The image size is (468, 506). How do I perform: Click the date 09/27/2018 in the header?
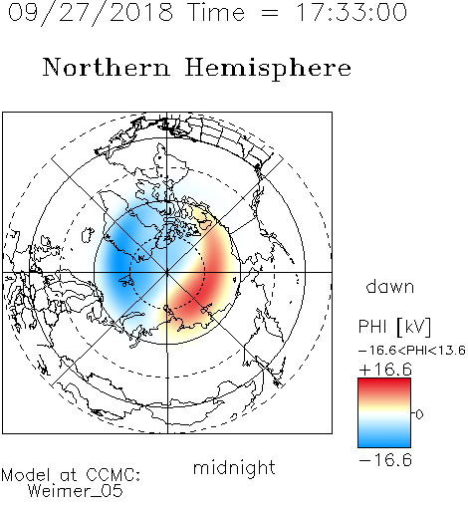91,13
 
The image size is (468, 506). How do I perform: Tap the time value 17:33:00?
351,12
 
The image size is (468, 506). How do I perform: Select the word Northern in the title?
107,67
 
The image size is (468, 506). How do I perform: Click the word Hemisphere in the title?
268,69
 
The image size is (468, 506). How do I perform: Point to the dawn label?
390,286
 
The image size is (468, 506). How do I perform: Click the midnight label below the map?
234,467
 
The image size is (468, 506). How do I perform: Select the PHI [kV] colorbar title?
394,327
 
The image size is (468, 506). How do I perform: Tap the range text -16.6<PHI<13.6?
412,350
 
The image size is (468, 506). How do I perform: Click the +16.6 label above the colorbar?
385,370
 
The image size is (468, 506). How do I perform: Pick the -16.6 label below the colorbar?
385,460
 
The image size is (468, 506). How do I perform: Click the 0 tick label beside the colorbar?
419,414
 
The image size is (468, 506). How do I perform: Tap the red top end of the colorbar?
384,381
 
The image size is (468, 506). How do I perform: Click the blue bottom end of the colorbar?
384,443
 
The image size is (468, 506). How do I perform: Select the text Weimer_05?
76,491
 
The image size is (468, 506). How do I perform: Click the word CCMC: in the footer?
113,475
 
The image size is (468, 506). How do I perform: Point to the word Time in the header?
216,12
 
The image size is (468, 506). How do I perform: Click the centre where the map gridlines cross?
167,272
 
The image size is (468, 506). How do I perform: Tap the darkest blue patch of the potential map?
117,259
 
